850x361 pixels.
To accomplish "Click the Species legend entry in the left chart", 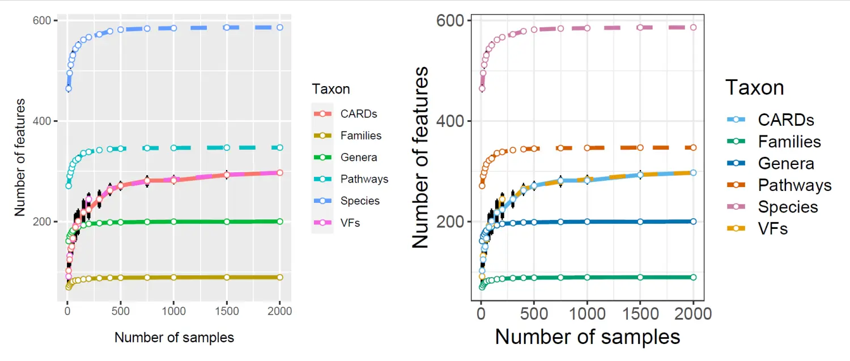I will [360, 201].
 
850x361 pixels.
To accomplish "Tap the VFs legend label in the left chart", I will [350, 223].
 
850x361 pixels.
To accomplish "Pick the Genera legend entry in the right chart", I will [786, 164].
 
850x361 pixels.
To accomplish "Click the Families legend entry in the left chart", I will [361, 136].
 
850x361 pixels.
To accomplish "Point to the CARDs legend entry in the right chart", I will [786, 120].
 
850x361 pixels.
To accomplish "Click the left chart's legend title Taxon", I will [331, 89].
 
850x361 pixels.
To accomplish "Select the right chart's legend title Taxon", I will [755, 88].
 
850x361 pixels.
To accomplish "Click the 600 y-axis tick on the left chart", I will [44, 21].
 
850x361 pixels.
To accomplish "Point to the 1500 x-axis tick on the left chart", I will [227, 311].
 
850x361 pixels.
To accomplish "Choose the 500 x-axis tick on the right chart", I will [534, 313].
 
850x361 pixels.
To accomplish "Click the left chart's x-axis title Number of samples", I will [174, 338].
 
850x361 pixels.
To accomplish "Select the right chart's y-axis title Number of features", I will [420, 158].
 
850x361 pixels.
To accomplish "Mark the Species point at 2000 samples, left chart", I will [280, 27].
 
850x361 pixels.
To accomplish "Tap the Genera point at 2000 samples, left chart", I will [280, 221].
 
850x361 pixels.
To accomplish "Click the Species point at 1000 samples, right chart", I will [587, 28].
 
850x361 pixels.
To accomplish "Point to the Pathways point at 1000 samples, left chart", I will [173, 148].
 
